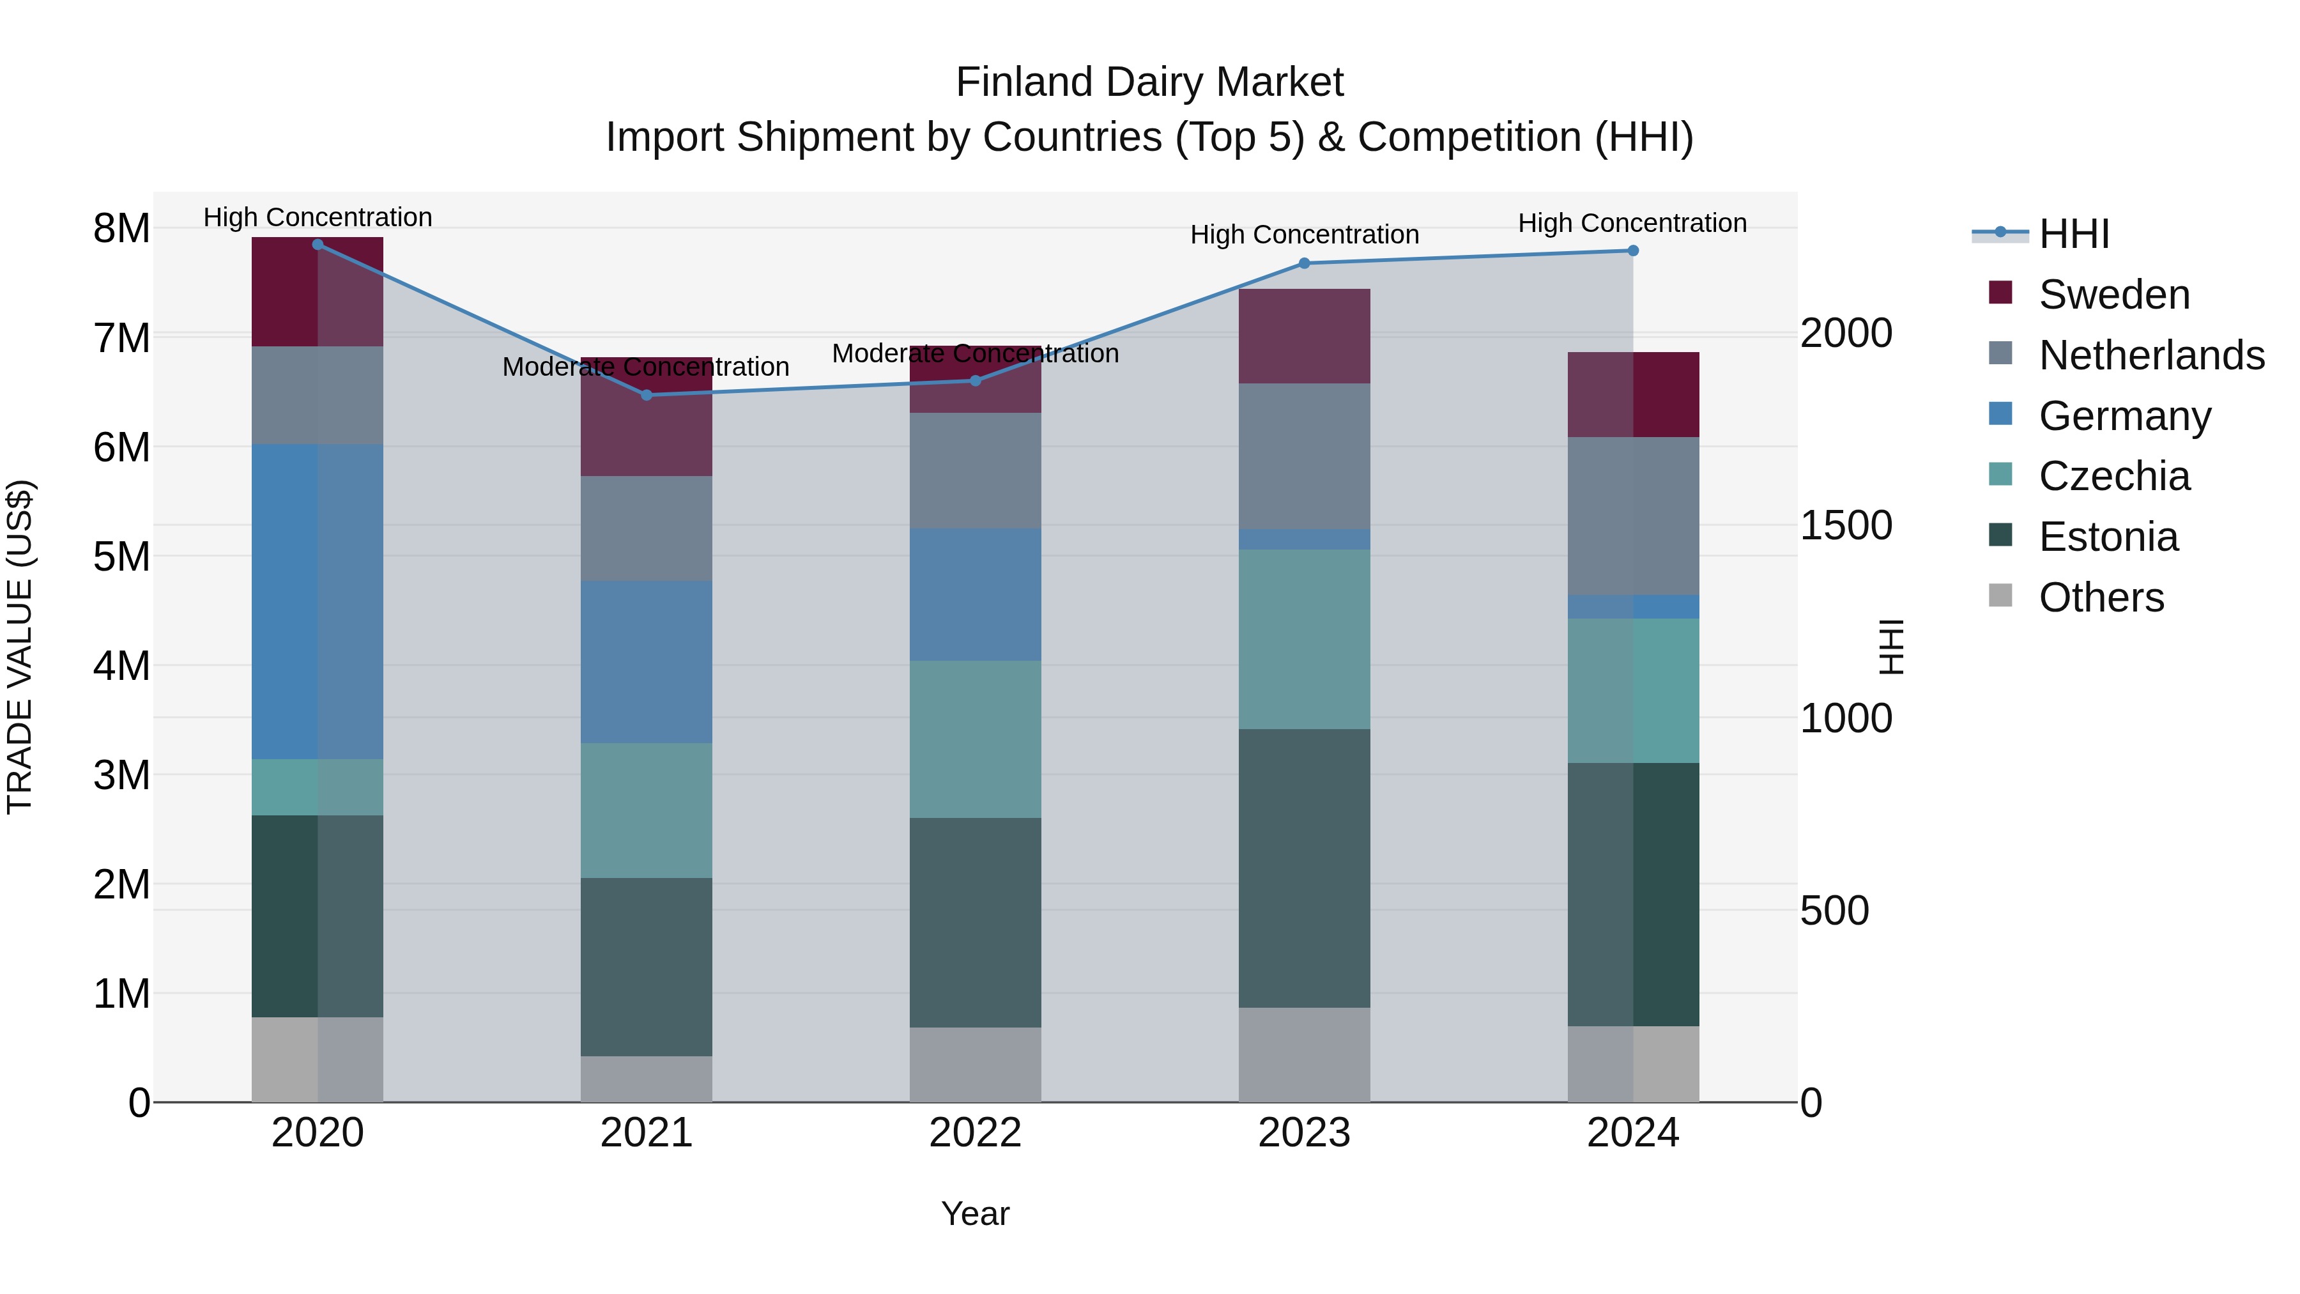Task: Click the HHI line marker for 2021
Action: pos(647,395)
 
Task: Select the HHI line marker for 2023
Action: pos(1303,263)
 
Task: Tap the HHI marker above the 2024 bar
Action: pos(1633,251)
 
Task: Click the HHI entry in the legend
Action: pos(2073,234)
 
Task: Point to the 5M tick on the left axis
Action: pos(121,557)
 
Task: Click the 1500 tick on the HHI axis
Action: pos(1844,525)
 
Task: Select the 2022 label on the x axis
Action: pos(975,1133)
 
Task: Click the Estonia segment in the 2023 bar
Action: pos(1303,868)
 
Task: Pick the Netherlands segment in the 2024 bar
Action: pos(1633,516)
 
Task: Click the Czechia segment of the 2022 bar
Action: pos(975,739)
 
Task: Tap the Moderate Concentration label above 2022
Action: pos(975,353)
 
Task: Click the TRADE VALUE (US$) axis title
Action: pos(20,647)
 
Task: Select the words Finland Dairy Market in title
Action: pos(1149,82)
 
